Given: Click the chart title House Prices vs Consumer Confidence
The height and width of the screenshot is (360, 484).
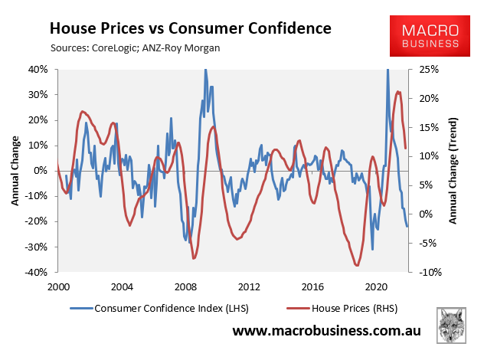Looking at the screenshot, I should tap(190, 29).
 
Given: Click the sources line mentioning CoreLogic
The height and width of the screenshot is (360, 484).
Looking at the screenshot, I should tap(136, 49).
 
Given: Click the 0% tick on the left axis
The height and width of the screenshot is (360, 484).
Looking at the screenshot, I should tap(43, 171).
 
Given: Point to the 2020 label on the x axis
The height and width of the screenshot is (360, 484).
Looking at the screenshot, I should tap(375, 286).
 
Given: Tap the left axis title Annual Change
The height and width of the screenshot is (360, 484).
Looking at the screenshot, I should tap(15, 170).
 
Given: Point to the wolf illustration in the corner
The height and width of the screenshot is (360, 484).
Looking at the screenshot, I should tap(453, 326).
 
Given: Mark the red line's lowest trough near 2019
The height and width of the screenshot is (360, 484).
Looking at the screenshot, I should tap(357, 265).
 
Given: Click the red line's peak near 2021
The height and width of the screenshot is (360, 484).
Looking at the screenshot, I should tap(397, 92).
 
